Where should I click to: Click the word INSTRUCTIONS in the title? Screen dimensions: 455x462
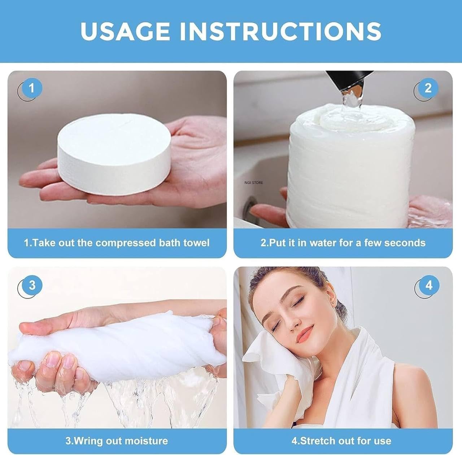coord(280,31)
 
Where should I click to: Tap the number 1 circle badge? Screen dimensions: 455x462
coord(31,88)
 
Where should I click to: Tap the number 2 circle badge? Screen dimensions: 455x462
coord(428,88)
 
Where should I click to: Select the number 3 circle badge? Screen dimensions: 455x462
coord(32,286)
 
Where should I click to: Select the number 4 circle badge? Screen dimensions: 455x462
coord(428,286)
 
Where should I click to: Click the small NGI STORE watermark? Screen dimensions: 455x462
coord(253,183)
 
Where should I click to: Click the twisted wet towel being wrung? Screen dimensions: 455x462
coord(119,346)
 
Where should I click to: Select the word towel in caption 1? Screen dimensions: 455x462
coord(196,243)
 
